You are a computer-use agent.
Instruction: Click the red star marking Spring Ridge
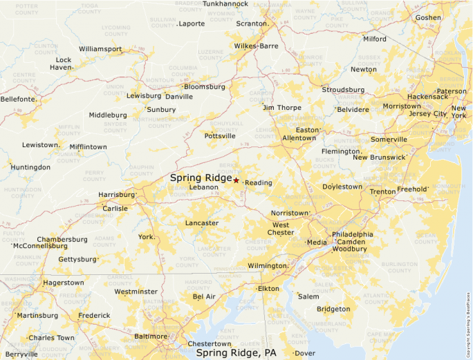(236, 180)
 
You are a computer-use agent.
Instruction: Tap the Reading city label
(259, 182)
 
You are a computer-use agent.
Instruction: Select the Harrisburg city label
(115, 195)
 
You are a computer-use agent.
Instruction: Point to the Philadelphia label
(352, 234)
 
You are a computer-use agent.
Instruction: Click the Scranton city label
(251, 23)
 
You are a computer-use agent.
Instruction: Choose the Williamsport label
(100, 49)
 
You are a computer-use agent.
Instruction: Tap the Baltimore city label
(151, 337)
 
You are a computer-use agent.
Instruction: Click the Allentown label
(299, 138)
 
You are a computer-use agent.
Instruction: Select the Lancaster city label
(202, 223)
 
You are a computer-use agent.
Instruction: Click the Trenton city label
(382, 191)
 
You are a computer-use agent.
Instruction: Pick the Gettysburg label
(77, 259)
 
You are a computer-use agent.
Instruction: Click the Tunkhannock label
(225, 3)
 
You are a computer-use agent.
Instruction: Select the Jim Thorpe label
(281, 107)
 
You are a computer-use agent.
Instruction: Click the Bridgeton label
(333, 309)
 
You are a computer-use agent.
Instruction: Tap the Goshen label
(428, 17)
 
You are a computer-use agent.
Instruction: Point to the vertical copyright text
(468, 319)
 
